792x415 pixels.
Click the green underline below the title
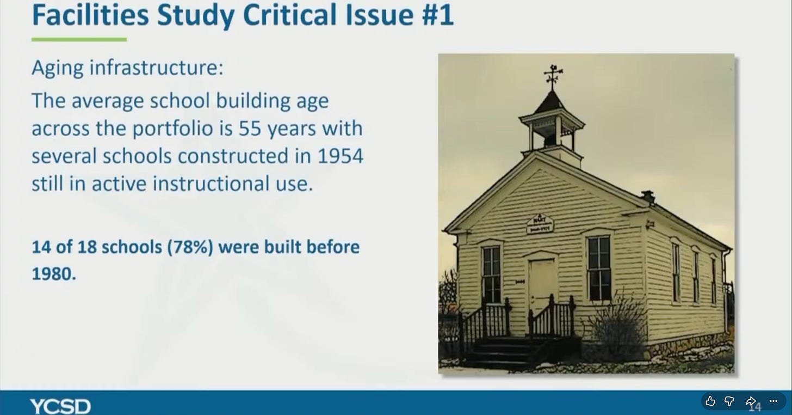click(79, 40)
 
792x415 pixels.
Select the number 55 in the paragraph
click(250, 128)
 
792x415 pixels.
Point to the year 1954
click(341, 156)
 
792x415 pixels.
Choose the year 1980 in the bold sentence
click(54, 274)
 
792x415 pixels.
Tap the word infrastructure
click(156, 68)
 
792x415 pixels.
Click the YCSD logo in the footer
click(60, 406)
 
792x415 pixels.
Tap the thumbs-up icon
click(710, 401)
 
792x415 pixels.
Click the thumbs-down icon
click(729, 401)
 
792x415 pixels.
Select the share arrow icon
click(751, 401)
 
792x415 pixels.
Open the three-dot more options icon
click(774, 401)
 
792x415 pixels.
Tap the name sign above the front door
click(540, 224)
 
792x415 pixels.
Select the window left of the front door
click(492, 275)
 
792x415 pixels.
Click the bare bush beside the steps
click(617, 327)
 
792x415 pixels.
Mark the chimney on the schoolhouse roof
click(648, 197)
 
